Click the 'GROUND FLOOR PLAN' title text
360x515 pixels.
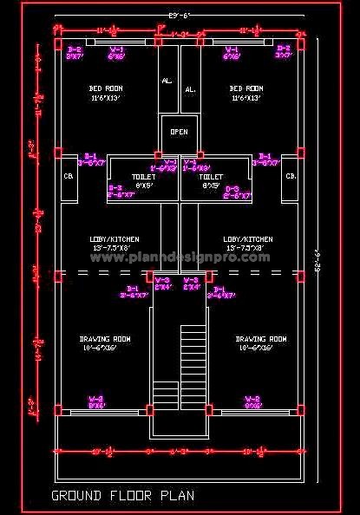[122, 496]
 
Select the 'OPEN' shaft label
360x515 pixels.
[179, 132]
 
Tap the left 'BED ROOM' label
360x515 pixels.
[106, 88]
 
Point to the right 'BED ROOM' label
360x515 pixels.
[246, 88]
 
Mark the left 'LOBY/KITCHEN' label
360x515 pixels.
[114, 239]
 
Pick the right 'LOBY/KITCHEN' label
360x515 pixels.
[247, 239]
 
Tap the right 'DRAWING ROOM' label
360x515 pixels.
[261, 339]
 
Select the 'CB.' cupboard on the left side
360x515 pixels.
[69, 176]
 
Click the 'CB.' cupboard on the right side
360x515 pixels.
[291, 176]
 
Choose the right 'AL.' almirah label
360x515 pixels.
[190, 88]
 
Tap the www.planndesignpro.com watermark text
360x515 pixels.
[179, 257]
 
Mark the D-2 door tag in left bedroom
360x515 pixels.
[75, 52]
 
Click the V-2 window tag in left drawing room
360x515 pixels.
[96, 401]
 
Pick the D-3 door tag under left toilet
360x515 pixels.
[115, 192]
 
